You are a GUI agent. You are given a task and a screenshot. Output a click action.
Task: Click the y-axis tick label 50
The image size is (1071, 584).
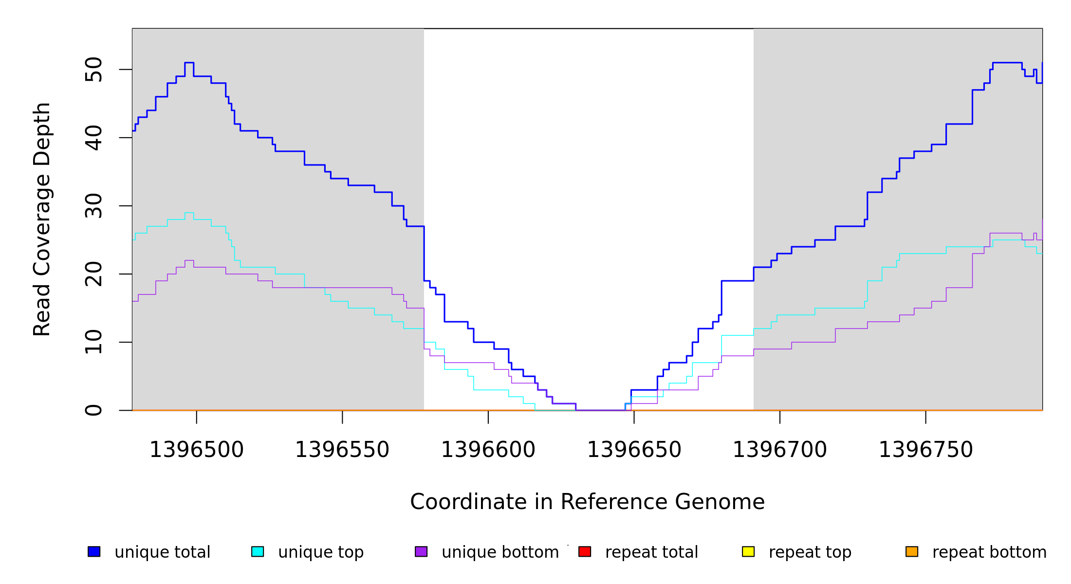click(93, 70)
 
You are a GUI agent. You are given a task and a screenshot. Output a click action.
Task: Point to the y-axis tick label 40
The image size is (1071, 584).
click(93, 138)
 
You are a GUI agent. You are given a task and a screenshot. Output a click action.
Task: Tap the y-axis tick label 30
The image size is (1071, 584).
click(93, 206)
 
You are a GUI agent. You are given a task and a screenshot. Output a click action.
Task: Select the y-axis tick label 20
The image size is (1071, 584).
click(93, 274)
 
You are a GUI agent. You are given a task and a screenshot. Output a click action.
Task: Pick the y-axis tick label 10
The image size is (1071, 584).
click(93, 342)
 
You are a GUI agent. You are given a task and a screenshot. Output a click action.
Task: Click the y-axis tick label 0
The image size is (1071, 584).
click(93, 410)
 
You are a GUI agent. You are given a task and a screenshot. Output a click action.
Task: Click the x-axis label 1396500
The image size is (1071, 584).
click(196, 450)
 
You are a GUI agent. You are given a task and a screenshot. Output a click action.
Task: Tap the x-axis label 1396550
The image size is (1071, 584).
click(342, 450)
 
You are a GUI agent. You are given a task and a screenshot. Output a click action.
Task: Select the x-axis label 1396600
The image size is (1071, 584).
click(488, 450)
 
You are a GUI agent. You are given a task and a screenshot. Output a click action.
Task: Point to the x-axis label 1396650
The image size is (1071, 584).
click(634, 450)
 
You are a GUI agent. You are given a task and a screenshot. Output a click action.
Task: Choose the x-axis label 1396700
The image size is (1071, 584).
click(780, 450)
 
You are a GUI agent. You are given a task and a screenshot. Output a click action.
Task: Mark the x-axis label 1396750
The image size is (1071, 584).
click(925, 450)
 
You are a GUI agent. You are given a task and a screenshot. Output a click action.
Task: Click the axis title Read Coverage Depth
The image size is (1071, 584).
click(42, 219)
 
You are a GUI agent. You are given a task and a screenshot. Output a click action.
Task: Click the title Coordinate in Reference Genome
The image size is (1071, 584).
click(587, 502)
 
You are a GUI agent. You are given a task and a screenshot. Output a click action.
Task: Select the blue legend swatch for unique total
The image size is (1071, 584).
click(94, 551)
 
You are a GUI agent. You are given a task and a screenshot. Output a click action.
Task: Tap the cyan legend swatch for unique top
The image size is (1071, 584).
click(258, 551)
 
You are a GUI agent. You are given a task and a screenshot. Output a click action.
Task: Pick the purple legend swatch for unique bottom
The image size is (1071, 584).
click(421, 551)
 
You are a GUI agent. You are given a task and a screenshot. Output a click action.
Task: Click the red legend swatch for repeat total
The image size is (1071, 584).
click(585, 551)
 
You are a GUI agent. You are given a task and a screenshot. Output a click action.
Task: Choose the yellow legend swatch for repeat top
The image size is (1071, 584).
click(748, 551)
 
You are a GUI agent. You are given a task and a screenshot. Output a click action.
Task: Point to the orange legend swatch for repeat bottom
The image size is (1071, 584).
click(912, 551)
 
